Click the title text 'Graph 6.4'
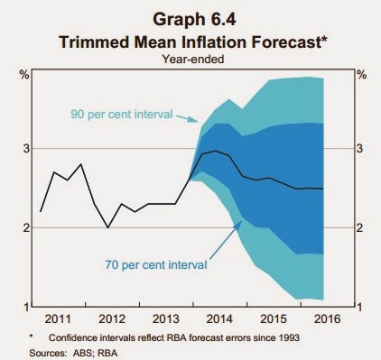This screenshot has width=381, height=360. [194, 20]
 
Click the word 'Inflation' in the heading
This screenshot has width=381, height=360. [216, 42]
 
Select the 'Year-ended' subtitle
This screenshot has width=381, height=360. [193, 59]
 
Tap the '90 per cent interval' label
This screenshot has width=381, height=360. [122, 115]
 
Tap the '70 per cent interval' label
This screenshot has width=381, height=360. [156, 265]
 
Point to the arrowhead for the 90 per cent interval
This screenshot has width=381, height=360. [196, 121]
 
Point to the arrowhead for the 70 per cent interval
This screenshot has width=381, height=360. [240, 223]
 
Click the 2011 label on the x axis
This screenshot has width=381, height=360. [58, 318]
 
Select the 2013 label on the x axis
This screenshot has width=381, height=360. [165, 318]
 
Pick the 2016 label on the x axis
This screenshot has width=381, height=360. [327, 318]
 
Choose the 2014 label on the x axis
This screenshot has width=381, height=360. [219, 318]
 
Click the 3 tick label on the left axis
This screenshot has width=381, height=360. [25, 149]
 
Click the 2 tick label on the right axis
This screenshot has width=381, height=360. [360, 228]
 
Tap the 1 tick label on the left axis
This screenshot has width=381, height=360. [26, 307]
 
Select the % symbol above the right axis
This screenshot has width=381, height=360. [362, 75]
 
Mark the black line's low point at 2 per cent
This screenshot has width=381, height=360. [108, 227]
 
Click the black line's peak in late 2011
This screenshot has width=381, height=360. [80, 164]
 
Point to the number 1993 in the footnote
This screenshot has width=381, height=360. [289, 338]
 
